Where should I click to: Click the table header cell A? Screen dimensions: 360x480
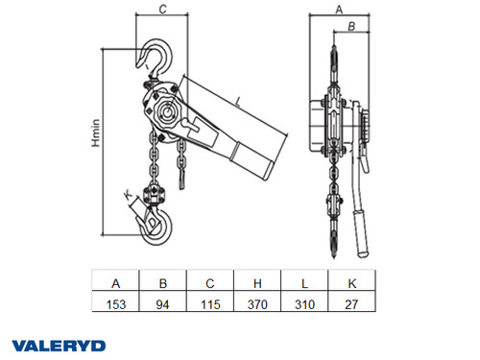[115, 283]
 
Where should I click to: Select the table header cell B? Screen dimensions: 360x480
[162, 283]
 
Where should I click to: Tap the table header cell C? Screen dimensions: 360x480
[209, 283]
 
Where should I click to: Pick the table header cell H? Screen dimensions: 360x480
[256, 283]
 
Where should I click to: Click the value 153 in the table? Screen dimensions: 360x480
[115, 304]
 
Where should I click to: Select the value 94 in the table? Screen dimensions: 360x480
[162, 304]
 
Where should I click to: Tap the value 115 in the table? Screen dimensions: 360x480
[209, 304]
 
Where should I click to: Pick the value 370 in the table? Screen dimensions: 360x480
[256, 304]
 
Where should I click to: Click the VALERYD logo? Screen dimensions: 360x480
[60, 345]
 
